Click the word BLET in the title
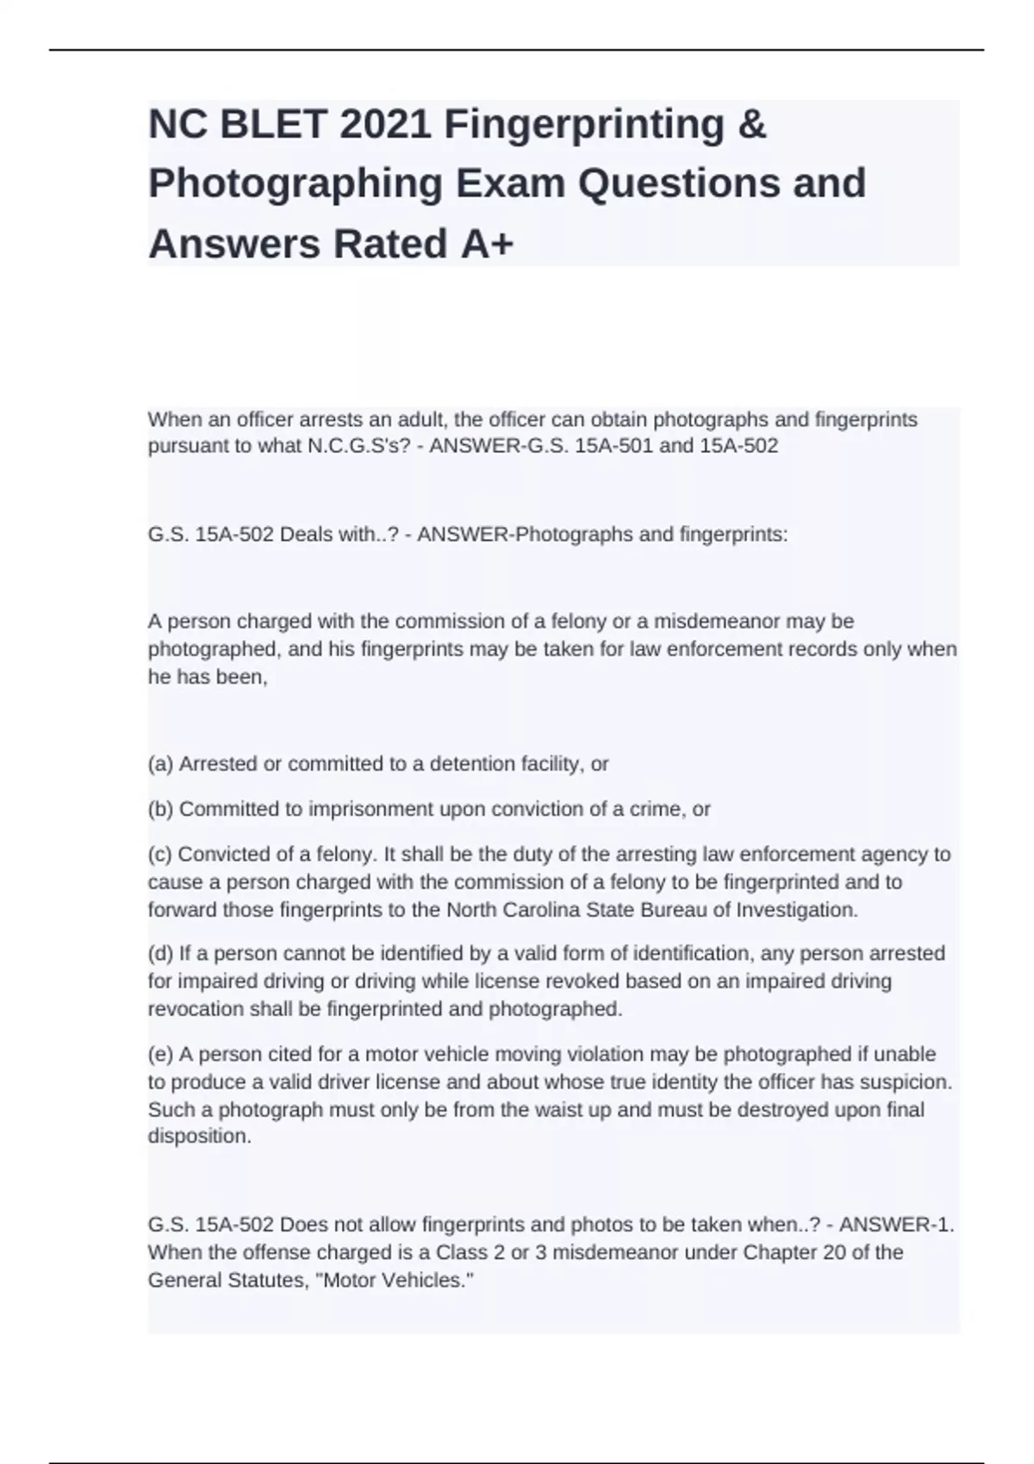(273, 126)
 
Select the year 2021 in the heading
(385, 126)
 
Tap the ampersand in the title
(752, 126)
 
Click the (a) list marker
(161, 764)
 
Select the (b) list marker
(161, 810)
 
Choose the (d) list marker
(161, 954)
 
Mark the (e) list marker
(161, 1055)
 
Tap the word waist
(551, 1110)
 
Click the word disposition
(199, 1137)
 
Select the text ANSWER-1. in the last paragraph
(896, 1225)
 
